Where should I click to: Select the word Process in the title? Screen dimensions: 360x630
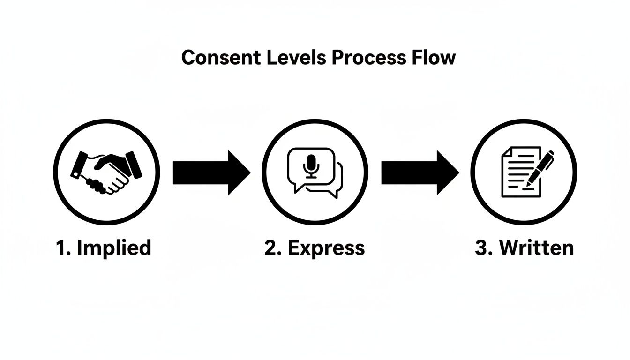368,58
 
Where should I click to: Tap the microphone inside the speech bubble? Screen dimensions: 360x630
311,165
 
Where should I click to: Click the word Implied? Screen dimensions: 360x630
114,247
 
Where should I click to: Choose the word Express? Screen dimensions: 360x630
326,247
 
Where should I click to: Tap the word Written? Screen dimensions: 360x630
536,247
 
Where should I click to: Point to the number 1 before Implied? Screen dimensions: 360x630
61,247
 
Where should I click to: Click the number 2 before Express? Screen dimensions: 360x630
270,247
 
